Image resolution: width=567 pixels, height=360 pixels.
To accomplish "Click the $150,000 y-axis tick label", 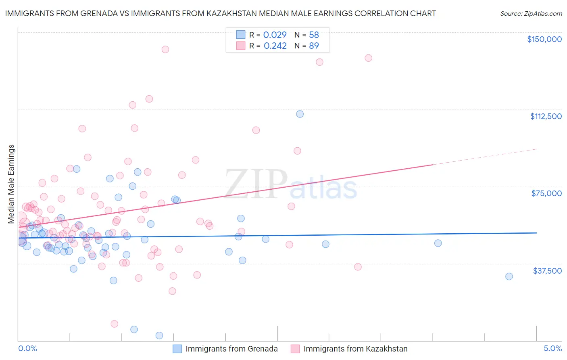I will (544, 39).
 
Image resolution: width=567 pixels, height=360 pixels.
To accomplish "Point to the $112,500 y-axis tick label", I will (546, 116).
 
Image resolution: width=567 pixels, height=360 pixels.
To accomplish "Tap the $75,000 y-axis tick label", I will (546, 193).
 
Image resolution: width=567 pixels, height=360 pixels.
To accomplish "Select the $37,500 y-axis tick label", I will (547, 271).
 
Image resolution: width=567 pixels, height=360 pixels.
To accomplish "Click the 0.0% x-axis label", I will (27, 348).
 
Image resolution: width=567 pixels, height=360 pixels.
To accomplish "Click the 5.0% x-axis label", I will (552, 348).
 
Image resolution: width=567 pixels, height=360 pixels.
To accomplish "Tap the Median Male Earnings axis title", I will (11, 184).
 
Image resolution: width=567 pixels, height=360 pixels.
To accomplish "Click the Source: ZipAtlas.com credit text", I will (531, 14).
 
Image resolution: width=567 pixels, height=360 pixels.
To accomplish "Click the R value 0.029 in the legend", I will (275, 35).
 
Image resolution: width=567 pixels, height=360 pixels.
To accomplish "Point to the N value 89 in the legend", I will (314, 46).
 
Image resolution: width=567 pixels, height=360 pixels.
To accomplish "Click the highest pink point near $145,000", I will (165, 49).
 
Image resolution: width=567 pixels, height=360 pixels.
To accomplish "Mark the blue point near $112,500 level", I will (300, 114).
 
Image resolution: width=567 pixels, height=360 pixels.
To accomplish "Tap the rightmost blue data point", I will (509, 276).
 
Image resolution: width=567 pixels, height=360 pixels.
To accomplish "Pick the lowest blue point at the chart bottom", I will (159, 335).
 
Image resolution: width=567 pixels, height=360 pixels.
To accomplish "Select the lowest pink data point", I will (114, 324).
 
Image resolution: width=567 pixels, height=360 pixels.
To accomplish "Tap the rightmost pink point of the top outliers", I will (368, 58).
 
